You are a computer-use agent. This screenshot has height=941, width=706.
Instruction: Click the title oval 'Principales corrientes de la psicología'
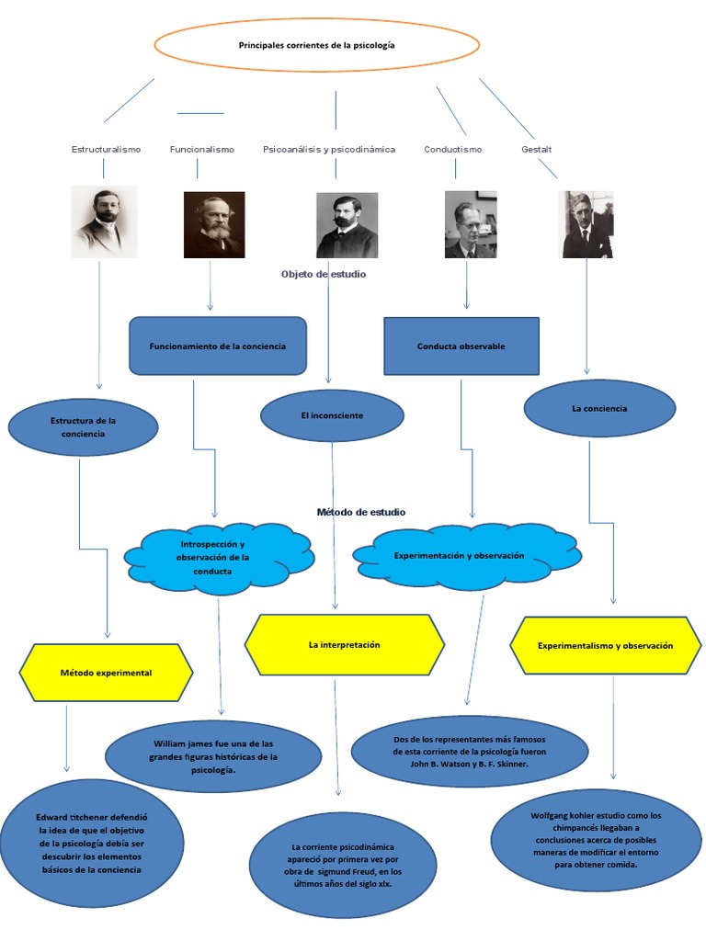pos(316,45)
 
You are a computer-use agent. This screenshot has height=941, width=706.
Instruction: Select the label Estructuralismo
pos(106,149)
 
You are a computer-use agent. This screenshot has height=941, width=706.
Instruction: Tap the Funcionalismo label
pos(202,149)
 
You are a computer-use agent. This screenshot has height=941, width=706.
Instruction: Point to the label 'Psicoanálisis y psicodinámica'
pos(329,149)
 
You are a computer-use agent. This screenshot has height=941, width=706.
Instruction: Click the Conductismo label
pos(452,149)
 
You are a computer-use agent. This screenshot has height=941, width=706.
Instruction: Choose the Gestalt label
pos(537,149)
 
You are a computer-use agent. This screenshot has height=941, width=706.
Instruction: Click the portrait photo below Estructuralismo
pos(104,221)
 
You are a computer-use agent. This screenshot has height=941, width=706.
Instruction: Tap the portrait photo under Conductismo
pos(471,224)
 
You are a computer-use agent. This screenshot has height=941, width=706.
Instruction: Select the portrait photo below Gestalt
pos(587,224)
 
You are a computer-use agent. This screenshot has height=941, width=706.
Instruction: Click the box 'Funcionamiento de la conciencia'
pos(218,346)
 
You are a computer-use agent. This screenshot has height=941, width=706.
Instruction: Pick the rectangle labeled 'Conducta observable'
pos(461,346)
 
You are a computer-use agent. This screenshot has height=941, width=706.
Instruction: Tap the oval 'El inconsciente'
pos(332,416)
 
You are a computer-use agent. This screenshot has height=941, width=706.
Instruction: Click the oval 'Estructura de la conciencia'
pos(84,427)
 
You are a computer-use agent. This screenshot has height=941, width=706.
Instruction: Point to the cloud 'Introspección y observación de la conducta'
pos(218,558)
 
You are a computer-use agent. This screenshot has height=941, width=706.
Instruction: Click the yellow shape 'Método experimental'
pos(106,673)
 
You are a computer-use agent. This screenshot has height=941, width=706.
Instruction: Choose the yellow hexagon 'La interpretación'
pos(345,645)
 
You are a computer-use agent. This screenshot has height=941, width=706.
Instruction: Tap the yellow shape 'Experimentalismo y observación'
pos(605,646)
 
